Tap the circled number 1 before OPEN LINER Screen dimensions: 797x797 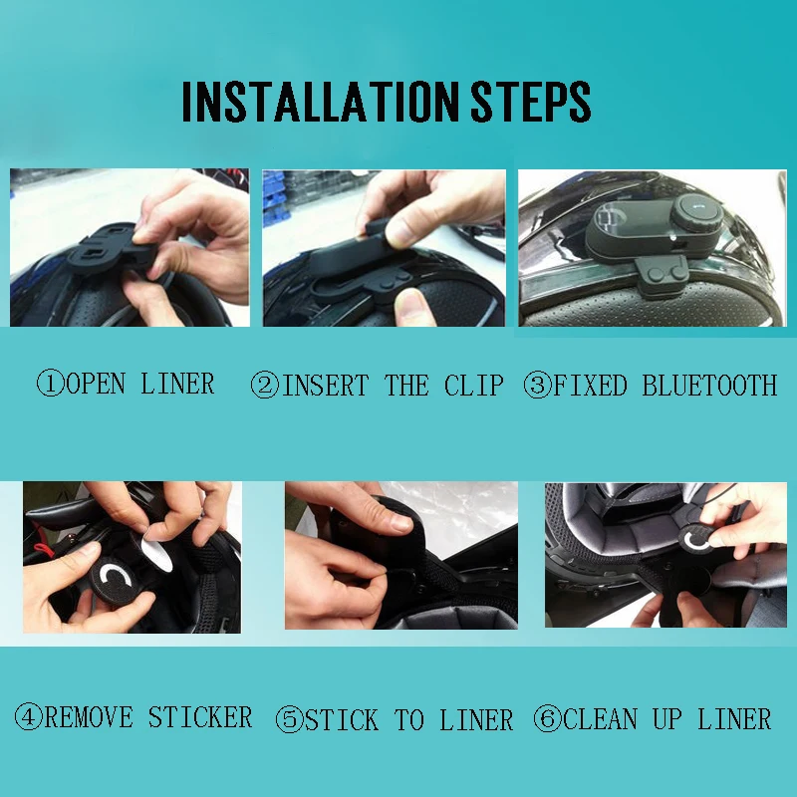(50, 385)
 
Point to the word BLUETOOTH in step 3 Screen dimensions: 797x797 (709, 386)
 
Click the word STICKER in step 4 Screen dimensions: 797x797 (200, 717)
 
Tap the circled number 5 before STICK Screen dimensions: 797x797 (290, 720)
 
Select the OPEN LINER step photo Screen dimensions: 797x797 (130, 248)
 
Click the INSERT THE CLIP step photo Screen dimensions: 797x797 (384, 248)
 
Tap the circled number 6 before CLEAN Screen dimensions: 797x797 (547, 719)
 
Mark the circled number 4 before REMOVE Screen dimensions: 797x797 (28, 717)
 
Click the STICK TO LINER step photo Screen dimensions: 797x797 (400, 555)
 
